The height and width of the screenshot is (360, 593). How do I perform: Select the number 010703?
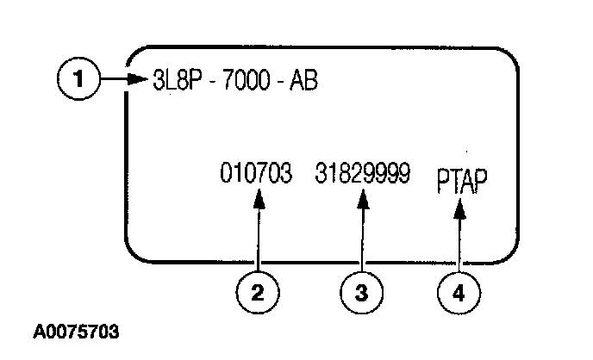(x=257, y=174)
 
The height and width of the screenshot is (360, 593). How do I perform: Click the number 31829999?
(x=362, y=174)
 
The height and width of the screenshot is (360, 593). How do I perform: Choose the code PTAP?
(x=461, y=182)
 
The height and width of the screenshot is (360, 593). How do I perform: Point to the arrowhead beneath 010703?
(x=258, y=200)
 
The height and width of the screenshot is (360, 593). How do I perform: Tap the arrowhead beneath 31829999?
(x=363, y=200)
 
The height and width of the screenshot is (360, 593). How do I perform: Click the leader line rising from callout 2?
(x=258, y=241)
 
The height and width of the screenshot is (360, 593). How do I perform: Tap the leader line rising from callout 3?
(x=363, y=241)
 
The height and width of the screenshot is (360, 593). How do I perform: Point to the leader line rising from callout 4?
(x=460, y=245)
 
